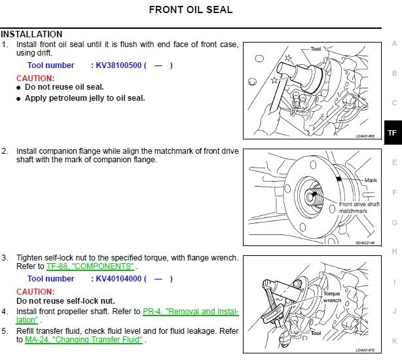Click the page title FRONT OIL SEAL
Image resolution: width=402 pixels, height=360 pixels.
[191, 10]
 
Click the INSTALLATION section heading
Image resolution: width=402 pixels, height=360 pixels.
[31, 34]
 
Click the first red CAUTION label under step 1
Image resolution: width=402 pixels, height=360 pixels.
[35, 78]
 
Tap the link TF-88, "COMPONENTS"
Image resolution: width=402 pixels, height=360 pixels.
[90, 266]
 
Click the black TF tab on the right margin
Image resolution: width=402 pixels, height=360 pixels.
[392, 133]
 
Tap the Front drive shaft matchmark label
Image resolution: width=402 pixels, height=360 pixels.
[359, 207]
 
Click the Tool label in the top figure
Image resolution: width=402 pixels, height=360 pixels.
[316, 48]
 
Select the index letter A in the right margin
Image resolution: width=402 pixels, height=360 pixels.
[394, 43]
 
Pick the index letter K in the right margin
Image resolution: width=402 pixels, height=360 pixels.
[394, 341]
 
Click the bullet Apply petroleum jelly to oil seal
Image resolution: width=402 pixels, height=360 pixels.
[84, 98]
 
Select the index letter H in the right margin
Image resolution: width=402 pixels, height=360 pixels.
[394, 251]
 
